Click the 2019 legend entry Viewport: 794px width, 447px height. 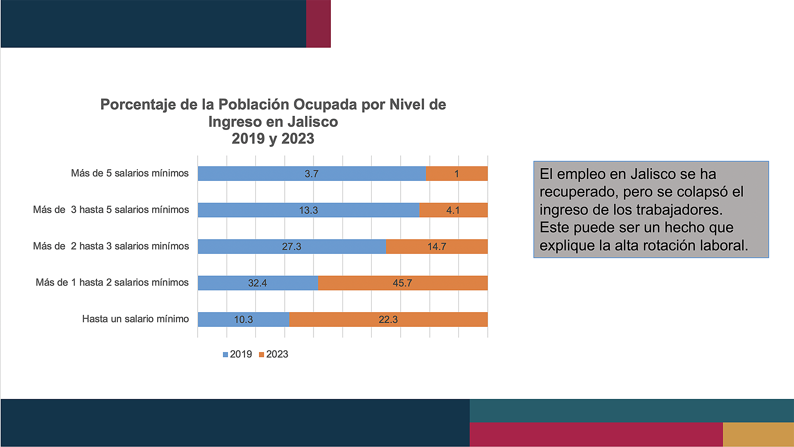pyautogui.click(x=238, y=354)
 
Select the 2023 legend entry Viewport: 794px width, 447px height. pyautogui.click(x=274, y=354)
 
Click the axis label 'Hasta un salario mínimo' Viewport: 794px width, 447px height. pyautogui.click(x=135, y=319)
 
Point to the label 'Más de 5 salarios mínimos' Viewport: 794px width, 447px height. pyautogui.click(x=130, y=173)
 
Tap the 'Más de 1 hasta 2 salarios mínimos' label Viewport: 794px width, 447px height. pyautogui.click(x=112, y=282)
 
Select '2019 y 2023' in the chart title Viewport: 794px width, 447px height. pyautogui.click(x=273, y=139)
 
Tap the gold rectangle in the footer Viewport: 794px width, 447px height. pyautogui.click(x=758, y=434)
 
